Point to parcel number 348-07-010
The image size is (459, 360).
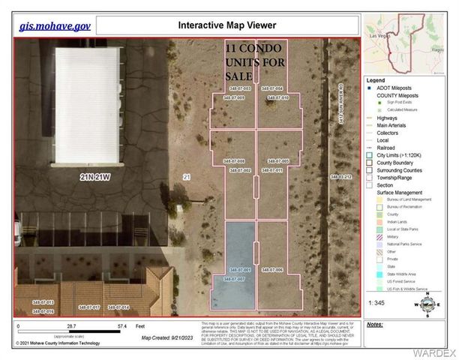click(x=271, y=97)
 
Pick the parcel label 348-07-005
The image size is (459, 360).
click(x=271, y=161)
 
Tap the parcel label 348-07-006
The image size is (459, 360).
click(x=271, y=269)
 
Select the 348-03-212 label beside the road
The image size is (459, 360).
click(x=340, y=177)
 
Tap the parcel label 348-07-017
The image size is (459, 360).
click(x=88, y=307)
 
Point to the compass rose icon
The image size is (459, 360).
click(x=427, y=304)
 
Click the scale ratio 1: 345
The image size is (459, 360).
click(x=379, y=301)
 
